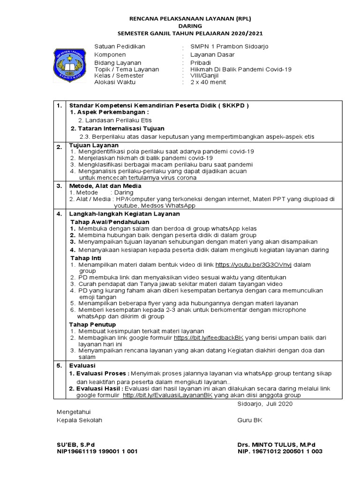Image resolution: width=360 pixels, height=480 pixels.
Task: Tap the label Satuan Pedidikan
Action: point(120,47)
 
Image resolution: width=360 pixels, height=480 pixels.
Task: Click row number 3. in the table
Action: point(60,186)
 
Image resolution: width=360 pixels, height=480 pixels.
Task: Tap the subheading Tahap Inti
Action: point(86,258)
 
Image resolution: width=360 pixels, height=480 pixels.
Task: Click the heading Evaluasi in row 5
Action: point(82,365)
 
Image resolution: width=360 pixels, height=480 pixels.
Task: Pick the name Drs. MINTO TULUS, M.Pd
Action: point(277,444)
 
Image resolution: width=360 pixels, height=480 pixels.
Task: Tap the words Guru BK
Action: point(250,420)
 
